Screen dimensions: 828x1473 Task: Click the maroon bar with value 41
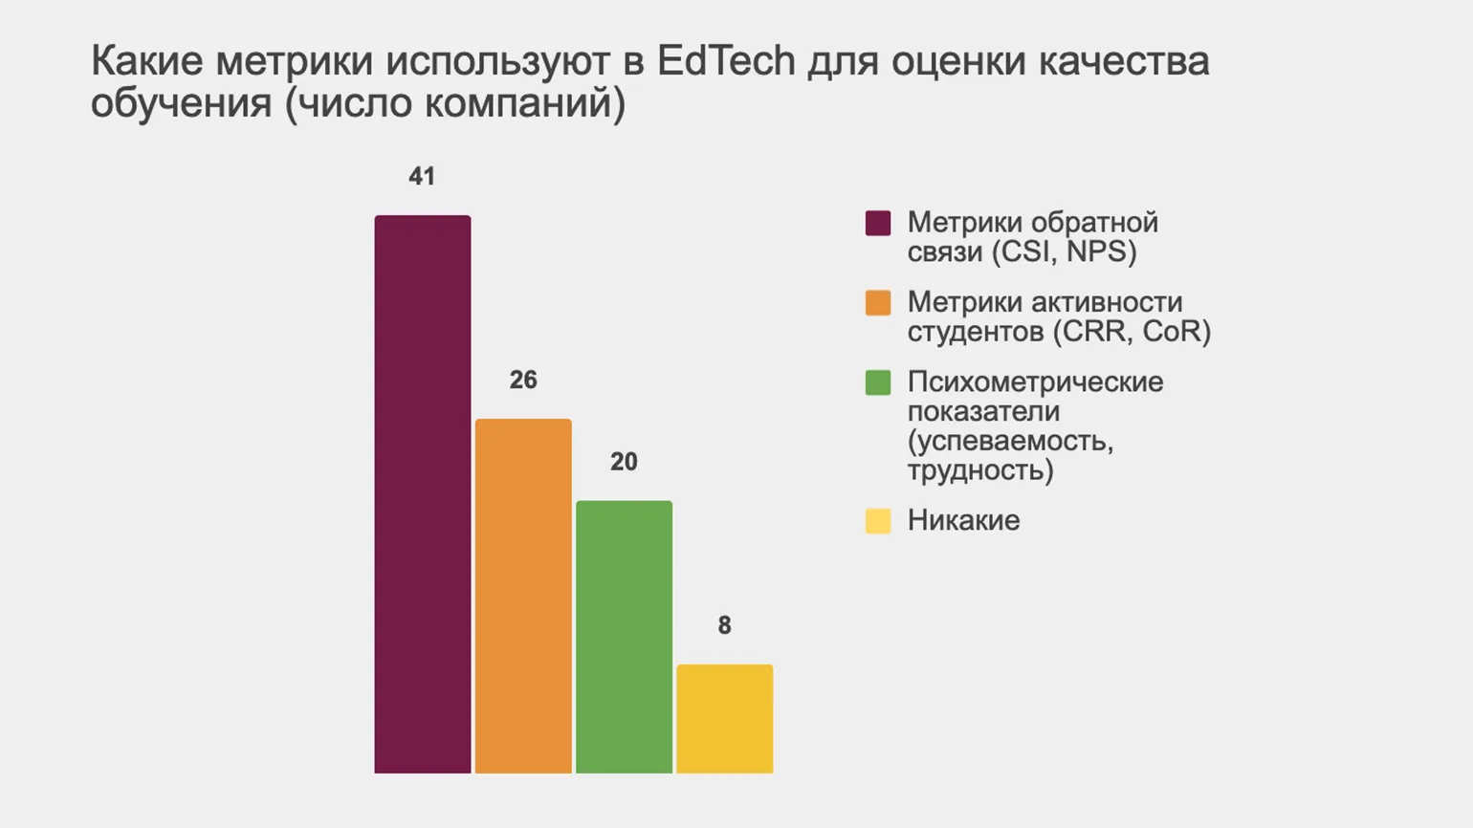(x=422, y=493)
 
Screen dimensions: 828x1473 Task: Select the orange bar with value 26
(x=523, y=596)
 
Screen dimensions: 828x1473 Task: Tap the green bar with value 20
(x=624, y=637)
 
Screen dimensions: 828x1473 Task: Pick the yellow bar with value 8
(x=724, y=718)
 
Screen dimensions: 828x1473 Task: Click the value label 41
(x=422, y=177)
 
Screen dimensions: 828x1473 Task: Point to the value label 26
(x=523, y=381)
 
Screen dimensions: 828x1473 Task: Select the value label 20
(x=624, y=462)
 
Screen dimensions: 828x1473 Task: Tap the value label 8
(x=724, y=625)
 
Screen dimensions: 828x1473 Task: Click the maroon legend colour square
(x=878, y=223)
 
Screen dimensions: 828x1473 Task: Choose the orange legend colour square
(x=878, y=303)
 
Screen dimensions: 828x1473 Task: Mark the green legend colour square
(x=878, y=382)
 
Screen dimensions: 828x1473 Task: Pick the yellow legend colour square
(x=878, y=521)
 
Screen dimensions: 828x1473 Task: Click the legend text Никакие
(x=963, y=520)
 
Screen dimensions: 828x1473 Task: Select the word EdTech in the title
(x=726, y=61)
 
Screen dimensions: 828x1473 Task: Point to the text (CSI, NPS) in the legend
(x=1064, y=252)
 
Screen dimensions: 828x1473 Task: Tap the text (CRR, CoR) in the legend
(x=1132, y=332)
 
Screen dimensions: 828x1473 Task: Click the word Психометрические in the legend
(x=1035, y=381)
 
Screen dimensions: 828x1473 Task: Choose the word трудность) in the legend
(x=980, y=470)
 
